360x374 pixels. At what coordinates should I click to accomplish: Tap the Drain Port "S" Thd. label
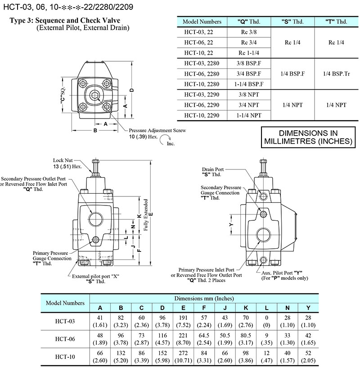click(213, 171)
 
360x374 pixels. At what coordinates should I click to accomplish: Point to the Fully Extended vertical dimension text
click(146, 215)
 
